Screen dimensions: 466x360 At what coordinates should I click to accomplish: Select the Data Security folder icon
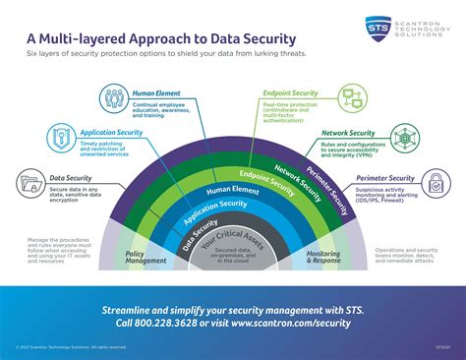30,183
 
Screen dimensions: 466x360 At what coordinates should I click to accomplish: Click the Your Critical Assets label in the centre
233,241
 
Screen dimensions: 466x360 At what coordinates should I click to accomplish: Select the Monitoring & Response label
323,257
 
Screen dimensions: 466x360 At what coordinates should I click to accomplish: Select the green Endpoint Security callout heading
291,92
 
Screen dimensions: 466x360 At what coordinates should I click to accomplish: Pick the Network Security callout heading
349,133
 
